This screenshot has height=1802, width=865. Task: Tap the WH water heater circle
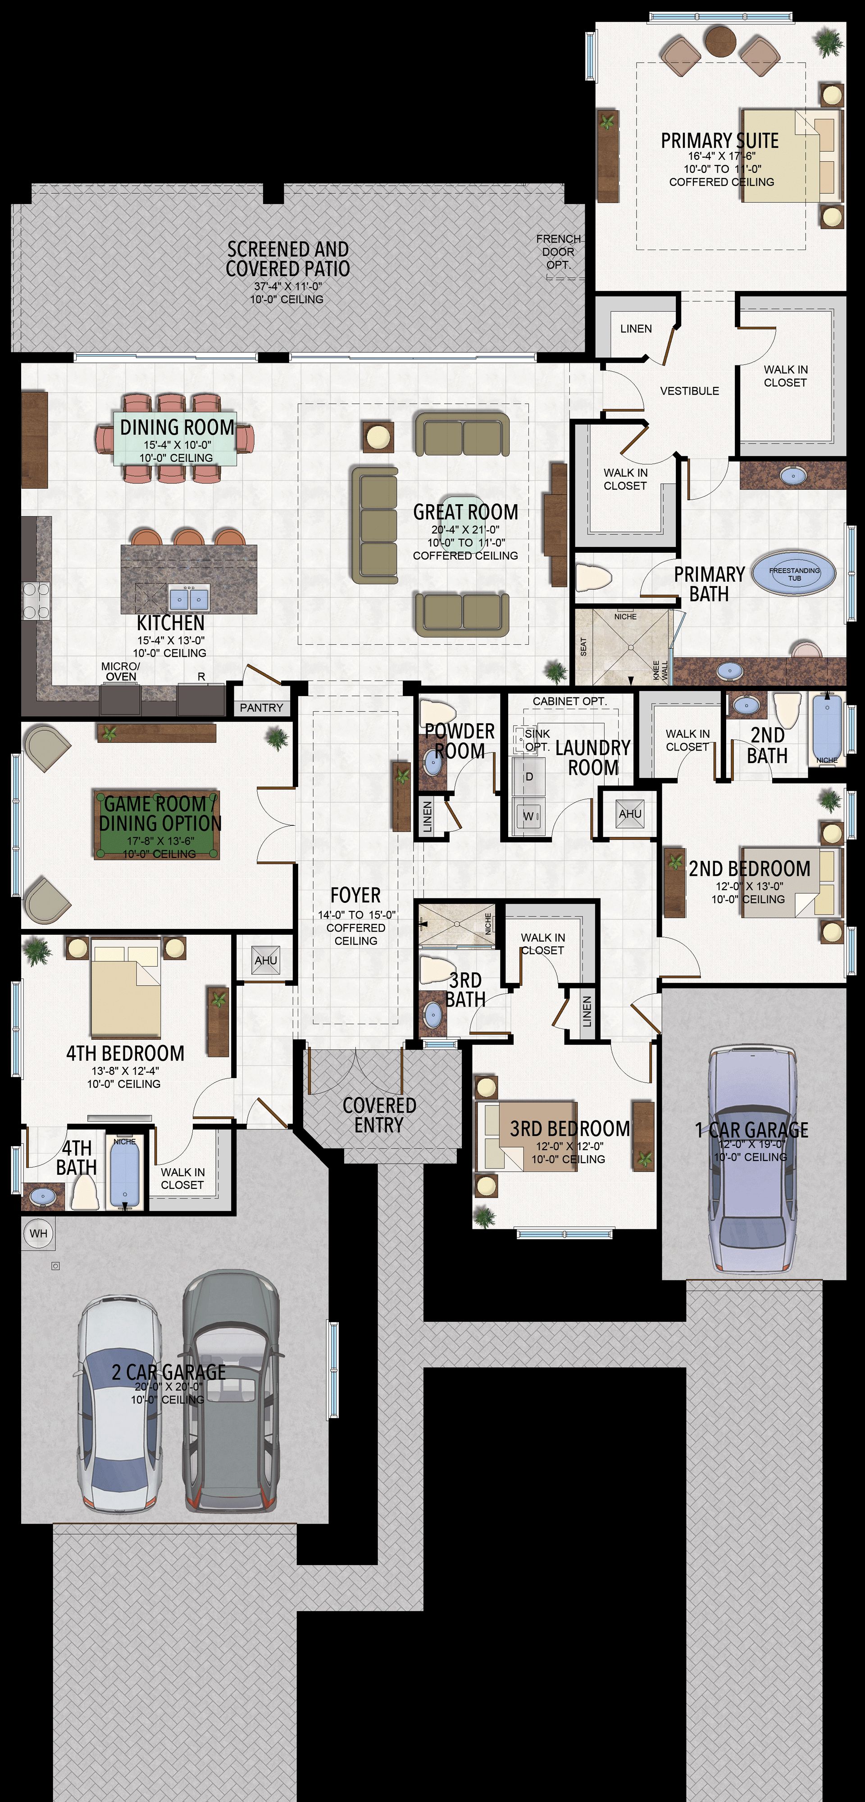[38, 1233]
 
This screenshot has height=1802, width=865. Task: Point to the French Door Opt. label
[559, 252]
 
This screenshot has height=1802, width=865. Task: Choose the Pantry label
[261, 708]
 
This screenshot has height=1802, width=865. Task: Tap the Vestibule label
[689, 391]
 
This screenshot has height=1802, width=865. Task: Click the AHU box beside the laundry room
[630, 814]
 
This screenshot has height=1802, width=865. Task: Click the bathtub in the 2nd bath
[827, 728]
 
